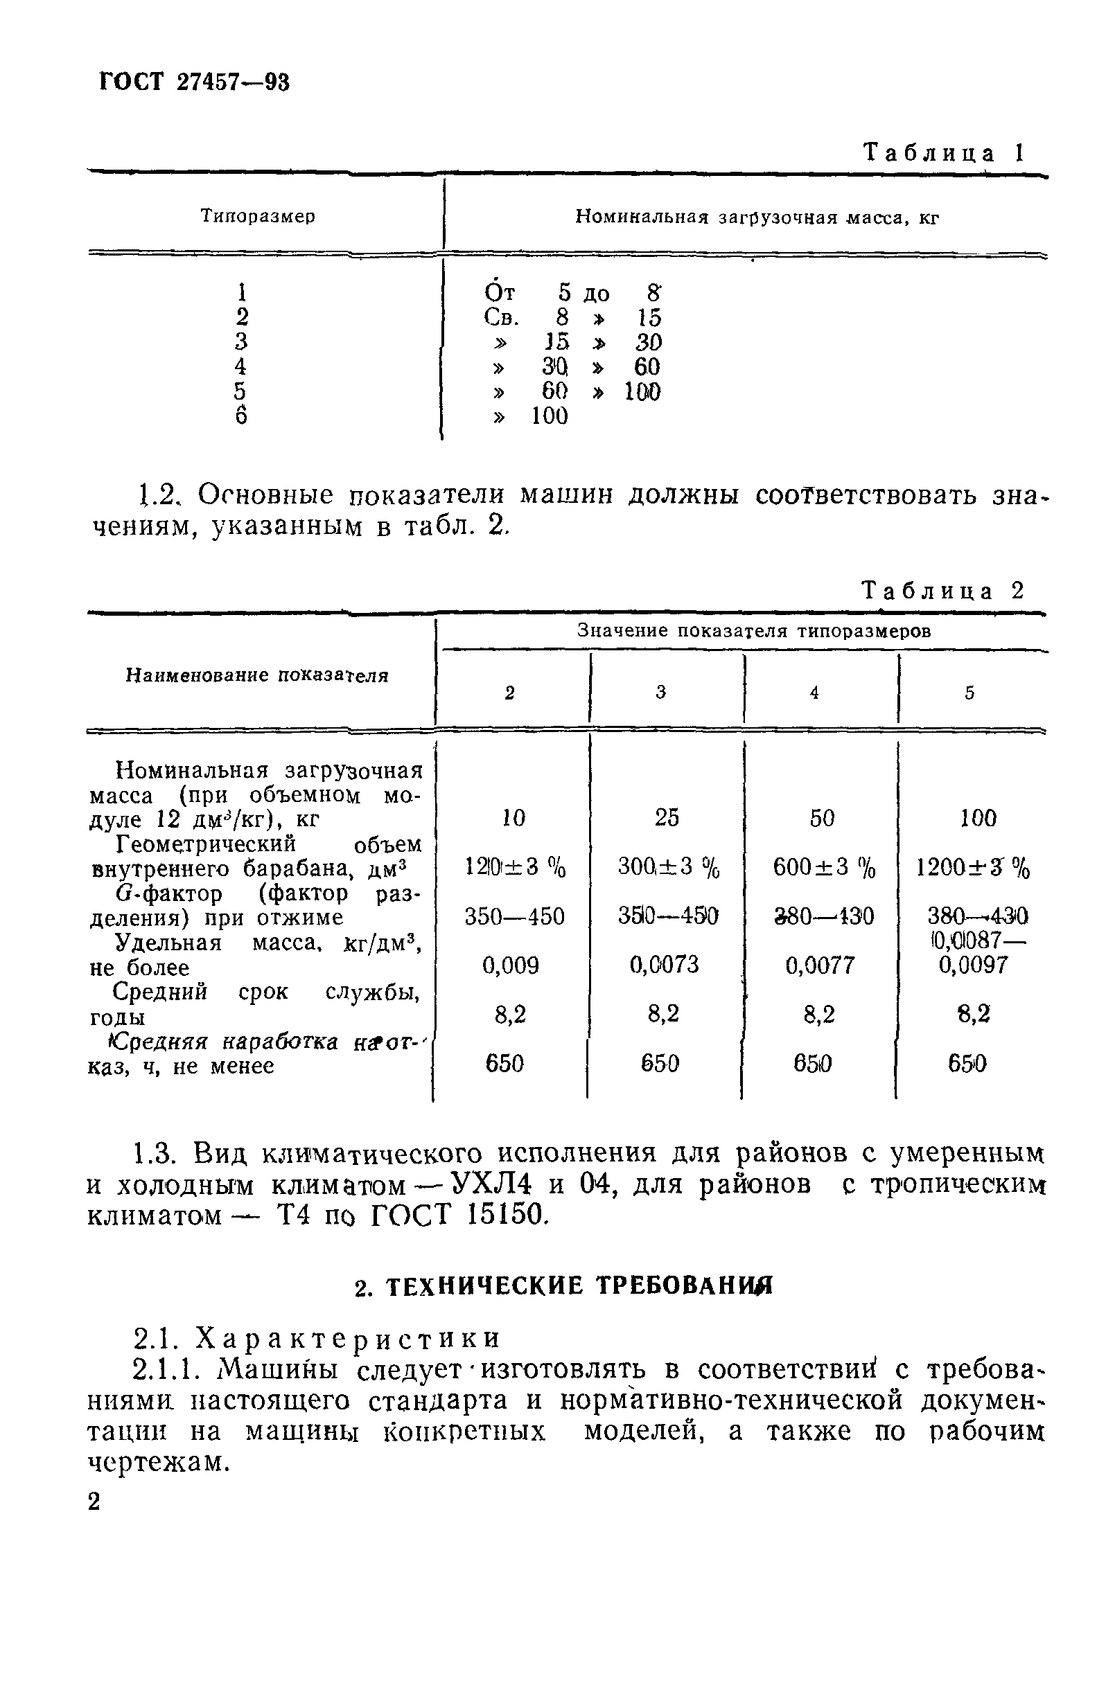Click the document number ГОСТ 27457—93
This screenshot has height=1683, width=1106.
point(195,82)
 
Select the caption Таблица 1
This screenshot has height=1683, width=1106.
point(943,153)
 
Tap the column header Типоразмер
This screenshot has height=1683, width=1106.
point(258,215)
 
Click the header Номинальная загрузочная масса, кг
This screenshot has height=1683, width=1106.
point(757,217)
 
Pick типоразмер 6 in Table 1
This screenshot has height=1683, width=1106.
point(241,416)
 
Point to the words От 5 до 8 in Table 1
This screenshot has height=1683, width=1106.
point(572,292)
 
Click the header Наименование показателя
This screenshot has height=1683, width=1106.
point(257,675)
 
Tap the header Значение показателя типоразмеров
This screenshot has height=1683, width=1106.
point(753,630)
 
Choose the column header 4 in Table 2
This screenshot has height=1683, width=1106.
point(814,693)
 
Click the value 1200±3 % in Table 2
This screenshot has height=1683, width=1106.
point(973,867)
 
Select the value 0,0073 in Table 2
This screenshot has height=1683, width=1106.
point(664,965)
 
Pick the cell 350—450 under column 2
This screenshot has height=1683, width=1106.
point(514,916)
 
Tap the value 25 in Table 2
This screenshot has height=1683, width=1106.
point(667,817)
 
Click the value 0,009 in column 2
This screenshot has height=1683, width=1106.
point(510,965)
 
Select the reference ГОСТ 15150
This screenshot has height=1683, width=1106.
point(459,1215)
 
